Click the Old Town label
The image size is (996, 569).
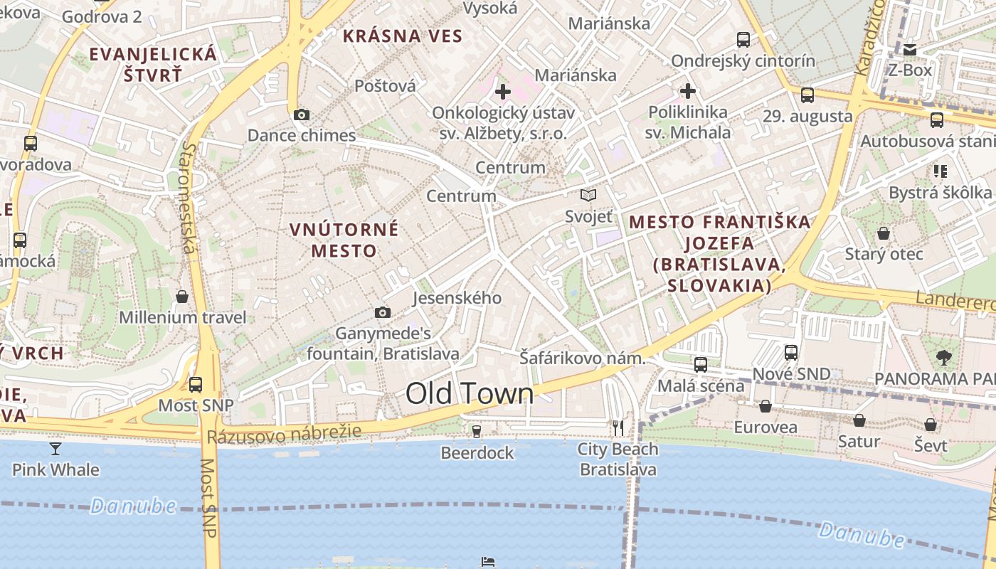click(470, 393)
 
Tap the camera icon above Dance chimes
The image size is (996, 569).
click(301, 115)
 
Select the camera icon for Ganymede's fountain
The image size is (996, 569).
click(383, 312)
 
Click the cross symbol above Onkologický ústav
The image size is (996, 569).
click(503, 92)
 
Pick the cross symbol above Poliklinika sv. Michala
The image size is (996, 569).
click(687, 91)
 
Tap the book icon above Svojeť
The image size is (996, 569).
click(588, 195)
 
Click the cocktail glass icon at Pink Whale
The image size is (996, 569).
click(55, 448)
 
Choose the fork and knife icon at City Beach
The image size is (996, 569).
click(618, 427)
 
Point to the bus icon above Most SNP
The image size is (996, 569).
click(196, 385)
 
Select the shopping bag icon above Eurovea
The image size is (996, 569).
click(765, 406)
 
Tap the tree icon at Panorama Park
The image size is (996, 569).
click(944, 357)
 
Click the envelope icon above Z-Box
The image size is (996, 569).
click(910, 49)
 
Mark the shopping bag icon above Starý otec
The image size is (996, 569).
click(884, 233)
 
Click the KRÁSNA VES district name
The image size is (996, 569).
click(403, 36)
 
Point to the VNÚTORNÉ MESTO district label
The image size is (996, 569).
click(344, 240)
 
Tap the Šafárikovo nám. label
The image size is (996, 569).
click(582, 358)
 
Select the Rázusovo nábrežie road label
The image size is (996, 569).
click(284, 434)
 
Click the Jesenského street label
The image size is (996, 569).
click(457, 297)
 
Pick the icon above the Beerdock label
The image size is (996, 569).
click(477, 431)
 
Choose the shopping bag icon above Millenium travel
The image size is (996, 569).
click(182, 296)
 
